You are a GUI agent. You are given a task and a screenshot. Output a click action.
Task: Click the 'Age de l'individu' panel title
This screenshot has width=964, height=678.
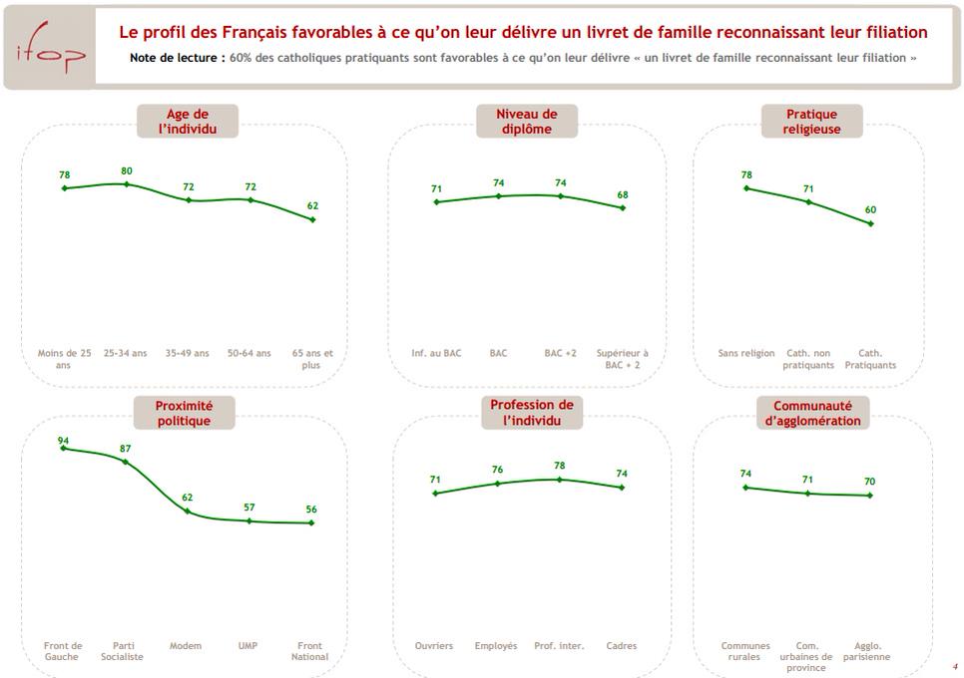[x=187, y=122]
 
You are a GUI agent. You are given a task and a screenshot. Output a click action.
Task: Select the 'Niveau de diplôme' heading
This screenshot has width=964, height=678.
[x=526, y=122]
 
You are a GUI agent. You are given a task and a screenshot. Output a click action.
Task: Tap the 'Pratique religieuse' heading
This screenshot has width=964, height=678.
[x=810, y=122]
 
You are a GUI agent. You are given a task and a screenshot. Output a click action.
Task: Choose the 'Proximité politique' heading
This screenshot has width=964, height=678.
[x=183, y=413]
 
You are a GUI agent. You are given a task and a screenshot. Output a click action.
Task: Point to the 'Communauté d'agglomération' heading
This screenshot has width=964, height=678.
[x=811, y=413]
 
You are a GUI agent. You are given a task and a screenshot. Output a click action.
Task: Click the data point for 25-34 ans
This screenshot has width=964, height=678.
[x=126, y=183]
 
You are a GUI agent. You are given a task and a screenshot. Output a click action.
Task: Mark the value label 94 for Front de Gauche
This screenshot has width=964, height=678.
[x=63, y=440]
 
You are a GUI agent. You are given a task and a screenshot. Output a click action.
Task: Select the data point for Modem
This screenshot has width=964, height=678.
[x=188, y=510]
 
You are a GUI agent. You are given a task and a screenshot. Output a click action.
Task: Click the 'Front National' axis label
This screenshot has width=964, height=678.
[x=310, y=651]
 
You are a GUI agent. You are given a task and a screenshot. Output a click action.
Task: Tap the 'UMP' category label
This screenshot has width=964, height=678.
[x=247, y=646]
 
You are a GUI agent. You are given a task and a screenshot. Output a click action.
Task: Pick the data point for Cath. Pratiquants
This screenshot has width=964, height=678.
[x=871, y=223]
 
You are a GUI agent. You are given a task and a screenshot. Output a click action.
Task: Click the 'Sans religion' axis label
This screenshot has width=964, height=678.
[x=745, y=353]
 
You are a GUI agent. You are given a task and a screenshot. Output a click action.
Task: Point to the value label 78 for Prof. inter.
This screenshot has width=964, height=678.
[x=559, y=466]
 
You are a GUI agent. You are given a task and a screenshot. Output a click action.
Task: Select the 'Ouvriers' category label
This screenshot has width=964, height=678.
[x=434, y=646]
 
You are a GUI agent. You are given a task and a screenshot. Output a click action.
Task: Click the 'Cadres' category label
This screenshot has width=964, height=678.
[x=622, y=646]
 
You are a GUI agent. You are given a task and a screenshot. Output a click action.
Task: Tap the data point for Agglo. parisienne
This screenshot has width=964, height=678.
[x=871, y=496]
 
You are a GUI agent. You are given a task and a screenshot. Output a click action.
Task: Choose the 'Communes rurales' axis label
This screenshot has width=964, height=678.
[x=745, y=651]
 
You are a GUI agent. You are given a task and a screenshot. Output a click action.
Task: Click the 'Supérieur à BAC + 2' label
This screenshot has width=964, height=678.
[x=622, y=359]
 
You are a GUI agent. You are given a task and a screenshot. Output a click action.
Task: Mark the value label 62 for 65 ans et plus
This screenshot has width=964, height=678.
[x=312, y=205]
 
